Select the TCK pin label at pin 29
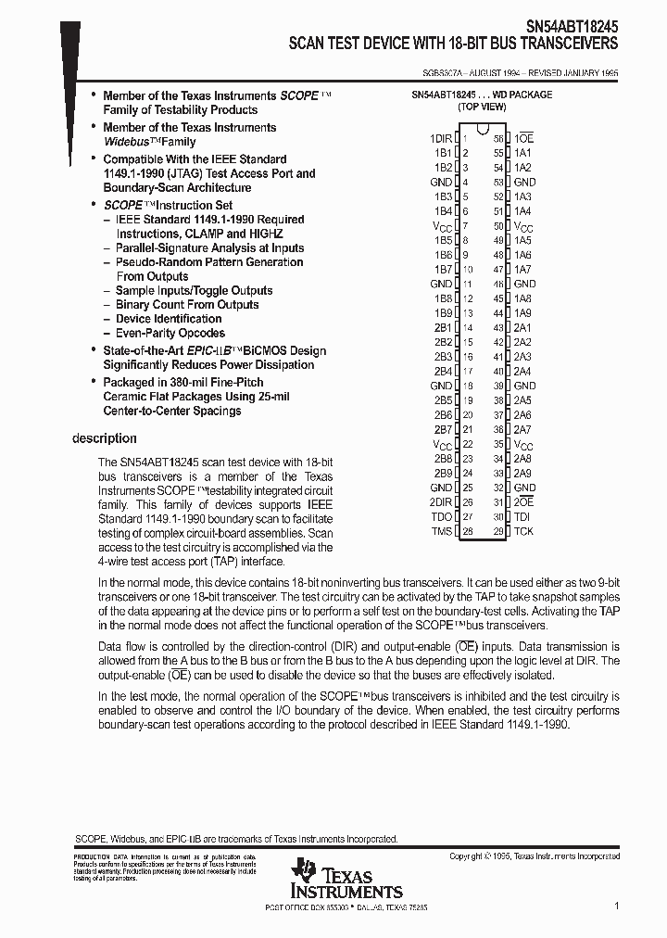coord(523,531)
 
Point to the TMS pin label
coord(441,531)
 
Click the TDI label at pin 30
coord(522,516)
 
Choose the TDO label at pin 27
coord(441,516)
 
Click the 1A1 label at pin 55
coord(522,152)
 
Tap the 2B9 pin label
coord(443,473)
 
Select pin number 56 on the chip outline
coord(498,138)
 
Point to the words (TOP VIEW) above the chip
coord(482,107)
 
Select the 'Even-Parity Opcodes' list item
coord(170,333)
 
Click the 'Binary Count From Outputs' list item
coord(187,304)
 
